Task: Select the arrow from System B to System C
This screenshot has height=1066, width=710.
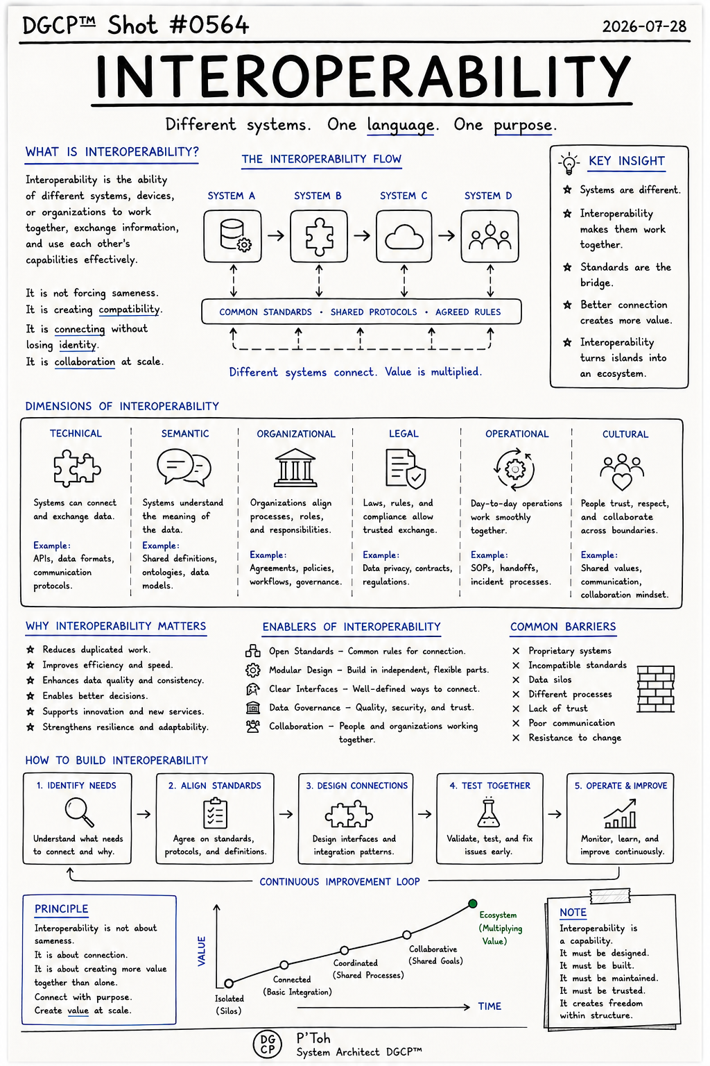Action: tap(362, 235)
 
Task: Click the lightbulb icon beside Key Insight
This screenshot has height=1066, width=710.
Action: tap(569, 163)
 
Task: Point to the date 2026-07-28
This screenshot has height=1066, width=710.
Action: tap(644, 26)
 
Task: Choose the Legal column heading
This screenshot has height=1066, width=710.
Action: tap(404, 434)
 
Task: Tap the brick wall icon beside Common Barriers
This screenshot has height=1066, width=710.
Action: tap(656, 688)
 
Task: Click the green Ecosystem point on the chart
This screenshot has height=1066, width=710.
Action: tap(472, 903)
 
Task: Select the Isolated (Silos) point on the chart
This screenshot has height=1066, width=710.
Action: tap(229, 983)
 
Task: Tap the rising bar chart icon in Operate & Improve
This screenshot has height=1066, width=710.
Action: tap(620, 813)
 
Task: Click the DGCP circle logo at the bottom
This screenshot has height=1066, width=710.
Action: tap(268, 1044)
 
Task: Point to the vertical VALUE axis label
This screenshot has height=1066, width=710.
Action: tap(202, 951)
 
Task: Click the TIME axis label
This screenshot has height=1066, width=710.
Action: tap(490, 1006)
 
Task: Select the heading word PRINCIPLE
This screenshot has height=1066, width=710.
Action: tap(61, 908)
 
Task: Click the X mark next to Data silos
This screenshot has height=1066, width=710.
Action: tap(516, 679)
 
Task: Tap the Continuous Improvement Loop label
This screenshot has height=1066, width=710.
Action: tap(340, 881)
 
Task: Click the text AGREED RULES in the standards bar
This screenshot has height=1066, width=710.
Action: tap(468, 312)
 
